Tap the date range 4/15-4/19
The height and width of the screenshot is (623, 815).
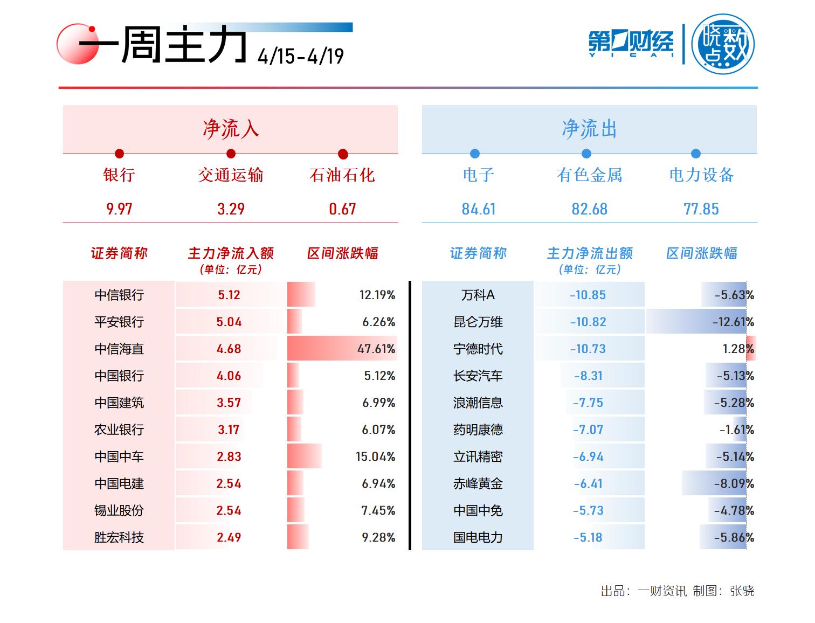click(300, 56)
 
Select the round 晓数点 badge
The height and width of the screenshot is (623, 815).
click(723, 44)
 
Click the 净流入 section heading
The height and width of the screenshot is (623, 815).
click(230, 129)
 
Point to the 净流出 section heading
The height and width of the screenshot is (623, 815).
click(589, 129)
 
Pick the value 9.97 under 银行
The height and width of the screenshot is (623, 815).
click(119, 209)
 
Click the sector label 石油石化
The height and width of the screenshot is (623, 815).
click(342, 175)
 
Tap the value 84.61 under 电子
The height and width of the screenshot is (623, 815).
click(478, 209)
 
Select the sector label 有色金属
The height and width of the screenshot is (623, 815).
click(589, 175)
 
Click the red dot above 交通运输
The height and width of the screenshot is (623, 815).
click(231, 154)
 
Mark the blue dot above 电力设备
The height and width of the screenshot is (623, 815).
click(696, 154)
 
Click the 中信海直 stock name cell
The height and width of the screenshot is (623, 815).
click(119, 349)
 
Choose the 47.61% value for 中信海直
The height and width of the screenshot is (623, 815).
click(376, 349)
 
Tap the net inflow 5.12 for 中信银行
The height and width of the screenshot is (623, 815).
click(229, 295)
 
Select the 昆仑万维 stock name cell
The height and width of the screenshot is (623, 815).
click(478, 322)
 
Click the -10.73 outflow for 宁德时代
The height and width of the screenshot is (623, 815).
click(588, 349)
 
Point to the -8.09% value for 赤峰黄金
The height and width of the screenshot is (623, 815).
click(734, 483)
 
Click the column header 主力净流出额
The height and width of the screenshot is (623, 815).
click(590, 253)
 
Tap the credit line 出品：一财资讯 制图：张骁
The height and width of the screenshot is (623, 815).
click(678, 591)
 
